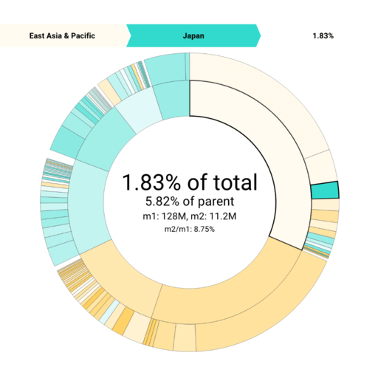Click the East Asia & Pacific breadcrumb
(x=63, y=35)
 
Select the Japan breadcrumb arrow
(x=193, y=35)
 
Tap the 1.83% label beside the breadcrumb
(x=323, y=35)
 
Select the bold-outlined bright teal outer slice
(x=324, y=190)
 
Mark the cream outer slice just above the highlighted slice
(x=320, y=167)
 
